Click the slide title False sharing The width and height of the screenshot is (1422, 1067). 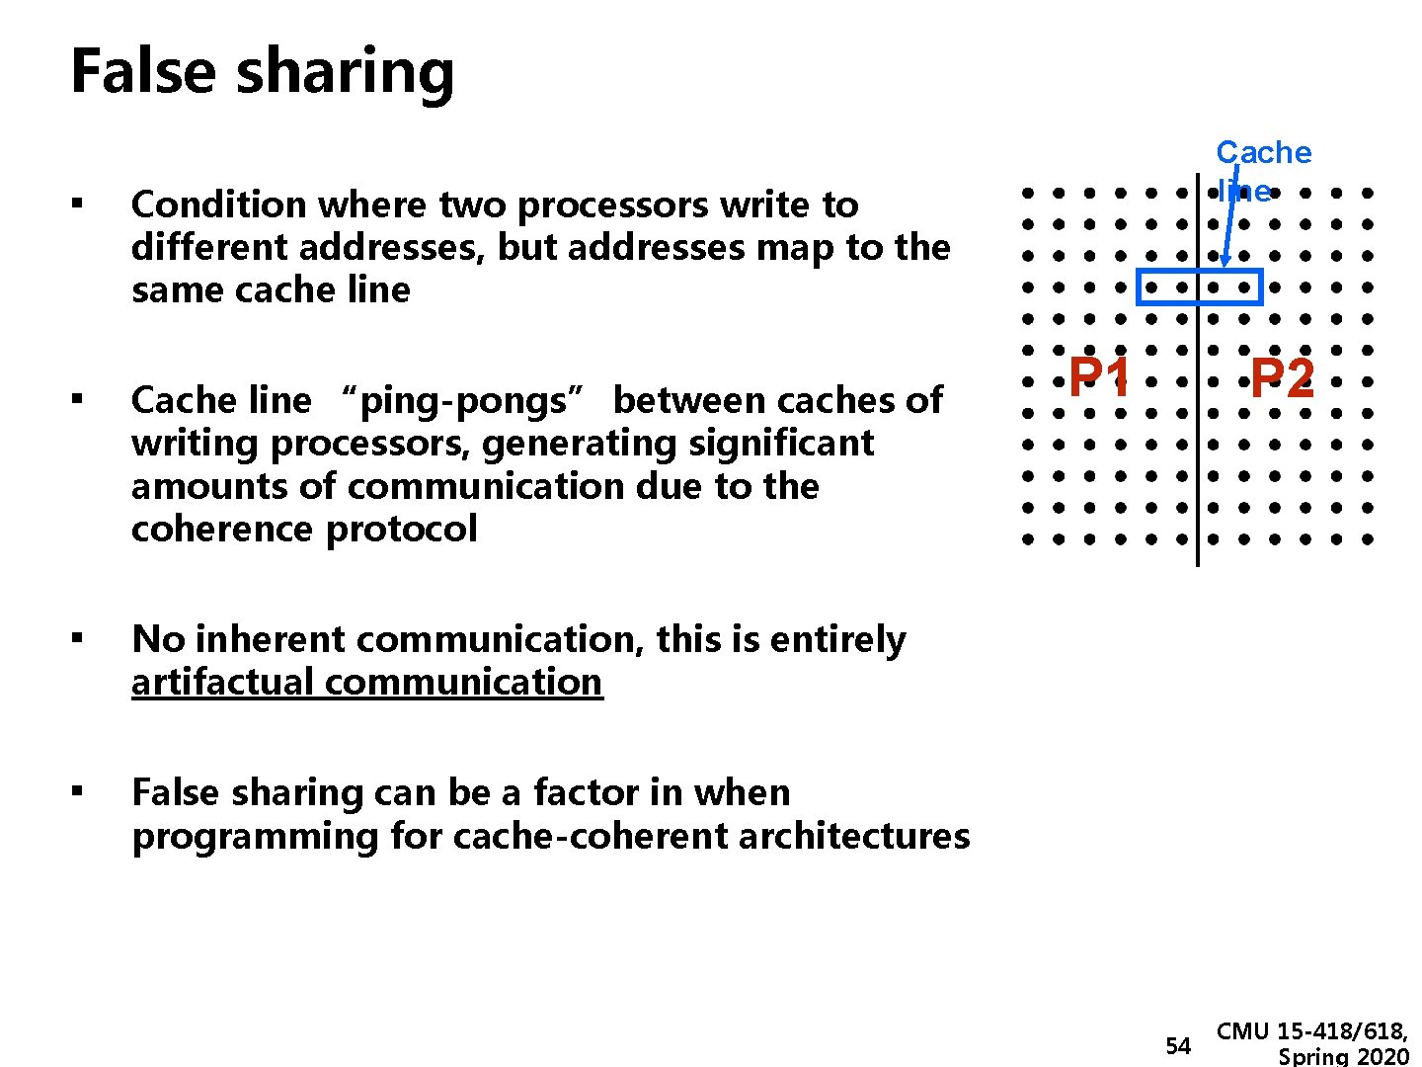click(263, 72)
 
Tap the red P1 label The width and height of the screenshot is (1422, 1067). click(1100, 377)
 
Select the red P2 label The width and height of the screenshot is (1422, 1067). click(1282, 377)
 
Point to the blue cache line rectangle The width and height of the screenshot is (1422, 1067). click(1200, 272)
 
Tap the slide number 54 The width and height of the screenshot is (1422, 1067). click(1178, 1046)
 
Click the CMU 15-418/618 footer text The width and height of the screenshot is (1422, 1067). click(1312, 1032)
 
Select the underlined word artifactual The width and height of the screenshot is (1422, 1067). click(224, 682)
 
